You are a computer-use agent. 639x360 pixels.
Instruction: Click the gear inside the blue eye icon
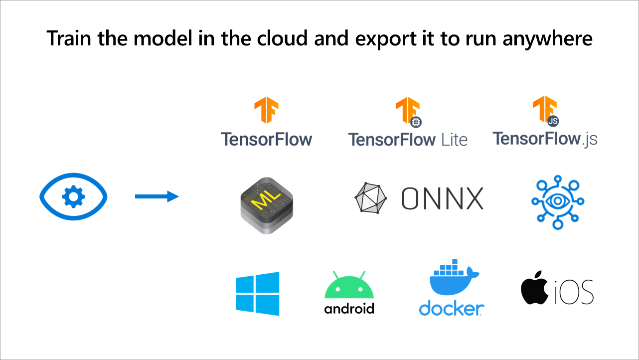coord(73,196)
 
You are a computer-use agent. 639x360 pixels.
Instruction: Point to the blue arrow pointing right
coord(157,196)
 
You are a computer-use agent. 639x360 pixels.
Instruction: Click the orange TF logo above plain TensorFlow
coord(266,111)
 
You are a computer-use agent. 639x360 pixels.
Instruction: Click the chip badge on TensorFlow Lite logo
coord(415,121)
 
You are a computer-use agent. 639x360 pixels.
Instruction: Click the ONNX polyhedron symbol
coord(370,197)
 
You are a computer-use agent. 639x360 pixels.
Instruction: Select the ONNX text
coord(442,198)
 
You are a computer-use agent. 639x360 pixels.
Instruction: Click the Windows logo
coord(257,294)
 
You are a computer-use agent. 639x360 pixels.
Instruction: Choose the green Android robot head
coord(349,286)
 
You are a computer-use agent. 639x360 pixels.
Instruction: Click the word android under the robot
coord(349,309)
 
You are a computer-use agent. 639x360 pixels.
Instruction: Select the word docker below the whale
coord(451,308)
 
